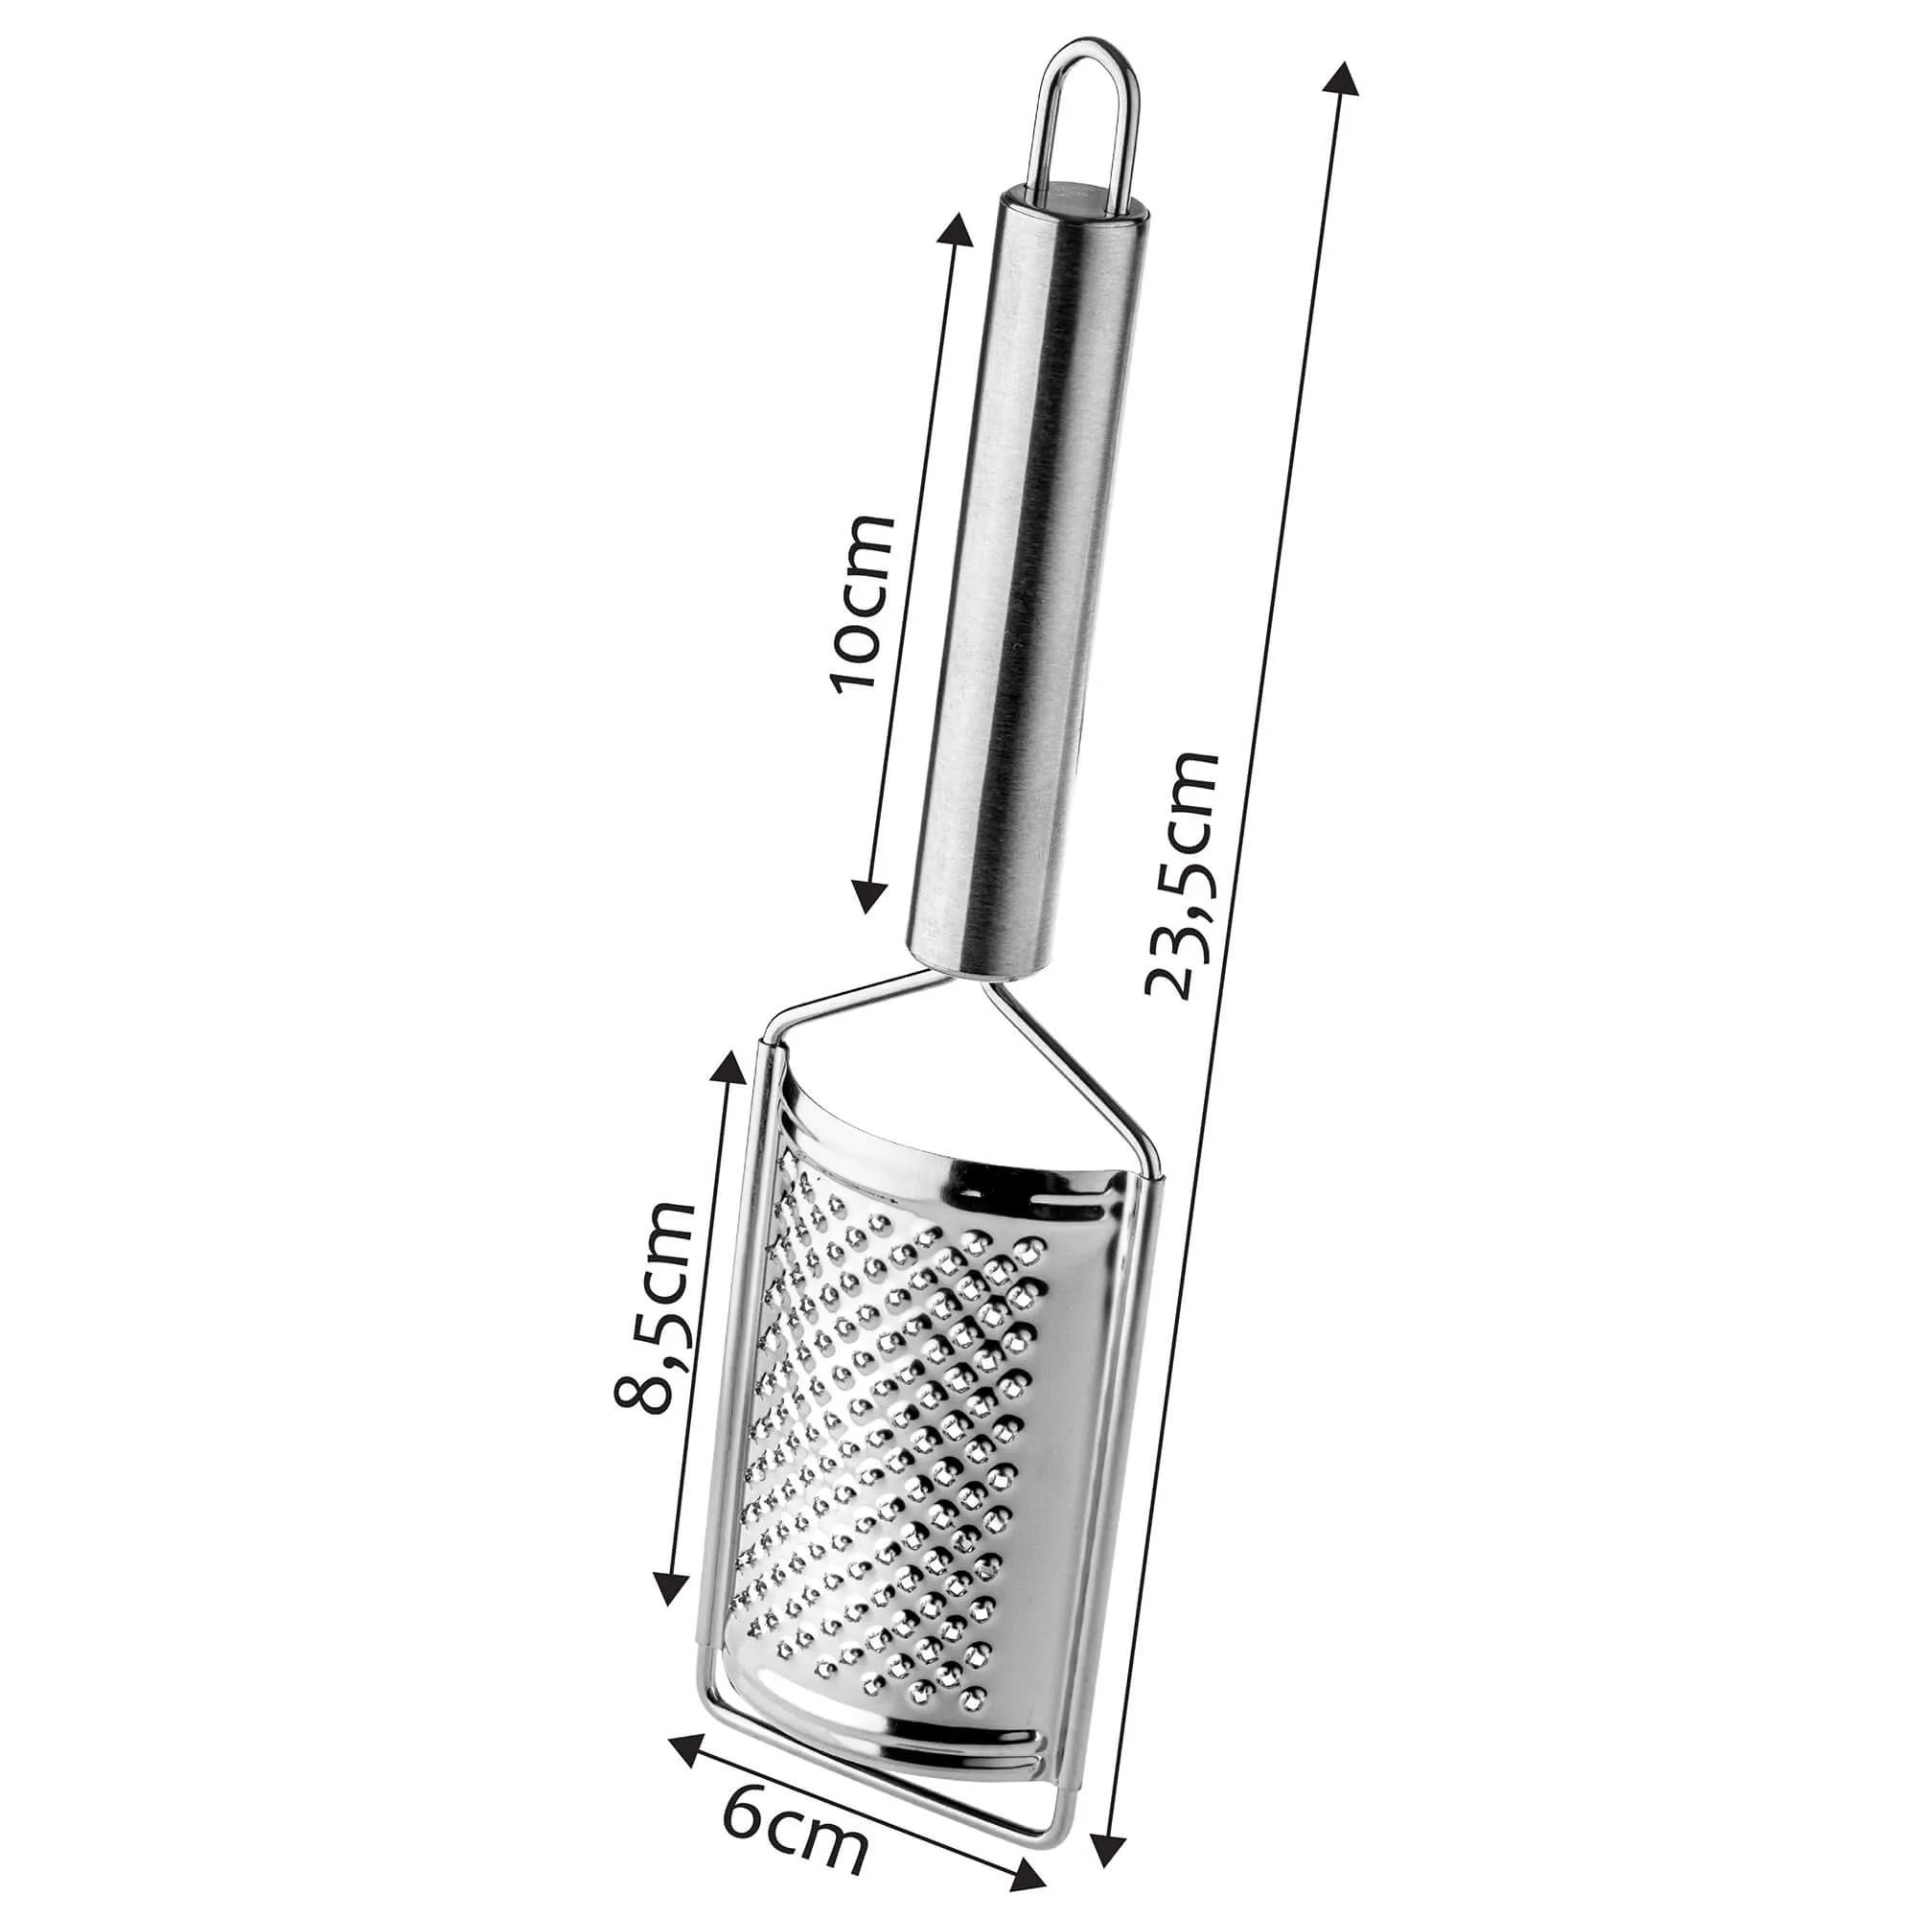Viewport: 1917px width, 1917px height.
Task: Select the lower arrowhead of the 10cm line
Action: (870, 889)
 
